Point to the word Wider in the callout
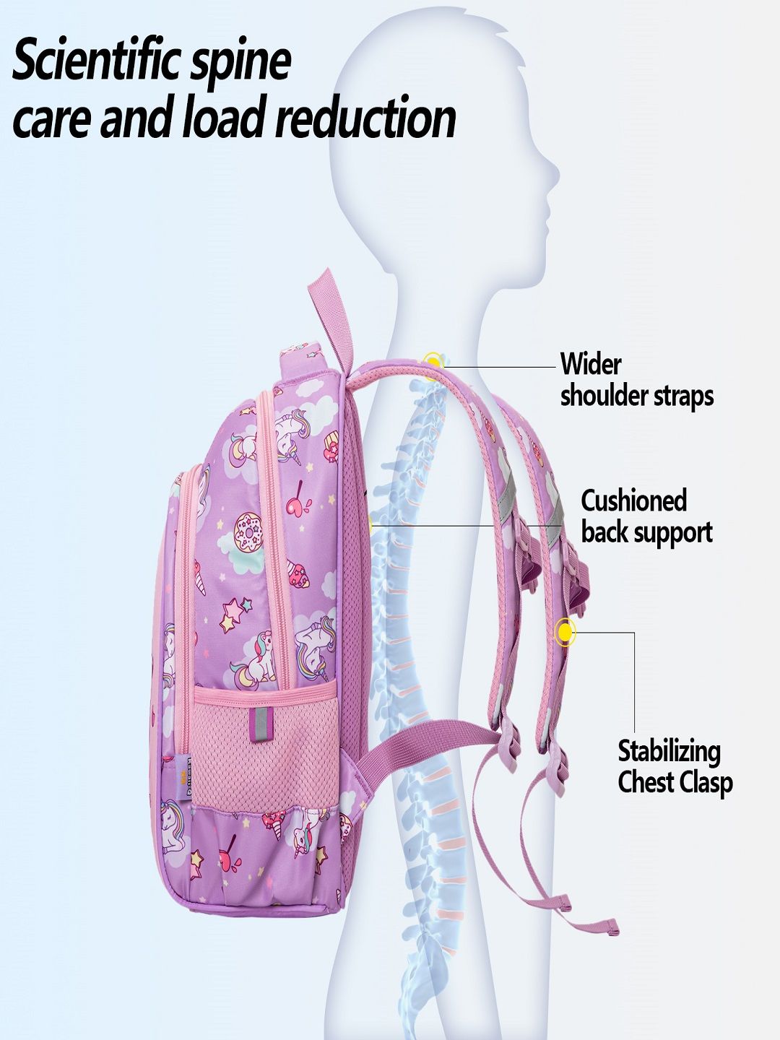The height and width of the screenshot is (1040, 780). [x=591, y=364]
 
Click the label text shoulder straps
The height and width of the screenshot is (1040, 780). [x=637, y=396]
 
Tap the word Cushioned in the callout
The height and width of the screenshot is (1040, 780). [x=633, y=500]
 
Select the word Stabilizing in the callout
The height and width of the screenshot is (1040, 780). [x=669, y=752]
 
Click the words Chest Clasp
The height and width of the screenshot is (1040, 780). [x=675, y=783]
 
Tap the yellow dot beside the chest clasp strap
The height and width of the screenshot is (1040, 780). [x=565, y=631]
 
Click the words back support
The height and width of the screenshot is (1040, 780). [x=647, y=532]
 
